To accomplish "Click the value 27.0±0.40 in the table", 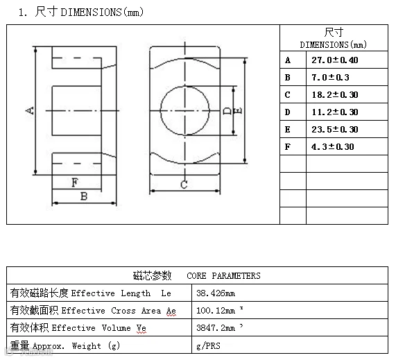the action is pyautogui.click(x=335, y=60).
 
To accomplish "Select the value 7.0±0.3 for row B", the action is pyautogui.click(x=330, y=77).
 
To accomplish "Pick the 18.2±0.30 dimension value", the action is pyautogui.click(x=335, y=95).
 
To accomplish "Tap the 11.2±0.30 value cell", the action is pyautogui.click(x=335, y=112).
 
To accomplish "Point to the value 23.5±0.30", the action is pyautogui.click(x=335, y=129).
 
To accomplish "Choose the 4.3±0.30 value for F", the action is pyautogui.click(x=333, y=147).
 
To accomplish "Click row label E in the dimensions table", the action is pyautogui.click(x=287, y=130).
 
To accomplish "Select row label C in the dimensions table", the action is pyautogui.click(x=287, y=95).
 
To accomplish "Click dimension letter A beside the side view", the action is pyautogui.click(x=30, y=110).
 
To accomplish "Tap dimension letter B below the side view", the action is pyautogui.click(x=84, y=196).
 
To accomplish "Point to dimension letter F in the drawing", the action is pyautogui.click(x=75, y=182).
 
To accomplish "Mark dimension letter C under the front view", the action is pyautogui.click(x=184, y=185).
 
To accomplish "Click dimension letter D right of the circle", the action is pyautogui.click(x=227, y=111).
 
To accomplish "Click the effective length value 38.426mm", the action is pyautogui.click(x=216, y=293).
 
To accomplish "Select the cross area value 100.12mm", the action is pyautogui.click(x=216, y=311).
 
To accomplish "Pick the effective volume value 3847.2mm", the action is pyautogui.click(x=216, y=328).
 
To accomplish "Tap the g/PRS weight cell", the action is pyautogui.click(x=208, y=345).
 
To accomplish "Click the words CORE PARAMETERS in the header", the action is pyautogui.click(x=223, y=275).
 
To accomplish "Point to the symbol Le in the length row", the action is pyautogui.click(x=166, y=293).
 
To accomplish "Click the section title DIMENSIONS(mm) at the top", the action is pyautogui.click(x=102, y=12).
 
